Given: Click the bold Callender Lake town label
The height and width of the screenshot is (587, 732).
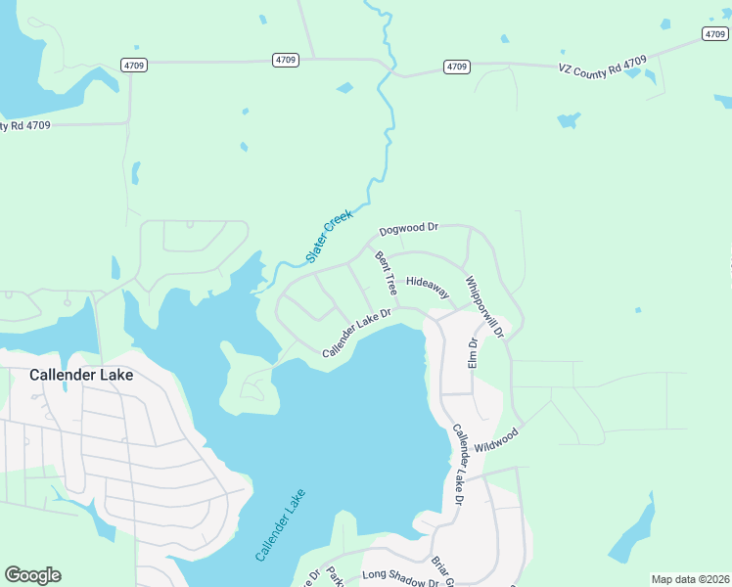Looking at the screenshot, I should pos(81,374).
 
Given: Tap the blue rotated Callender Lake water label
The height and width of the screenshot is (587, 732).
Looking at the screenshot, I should pos(281,524).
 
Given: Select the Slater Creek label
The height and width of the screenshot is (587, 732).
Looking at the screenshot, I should pos(329,237).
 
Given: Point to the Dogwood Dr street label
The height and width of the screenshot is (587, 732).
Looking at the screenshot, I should pos(409,228).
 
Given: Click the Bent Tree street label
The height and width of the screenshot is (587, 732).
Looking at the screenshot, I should pos(386,274).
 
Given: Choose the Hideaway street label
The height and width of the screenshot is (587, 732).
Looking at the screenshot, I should pos(428,286).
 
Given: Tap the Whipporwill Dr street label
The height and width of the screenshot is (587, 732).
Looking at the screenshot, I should pos(483,306).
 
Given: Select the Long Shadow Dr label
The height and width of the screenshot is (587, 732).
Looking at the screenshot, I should pos(400,579).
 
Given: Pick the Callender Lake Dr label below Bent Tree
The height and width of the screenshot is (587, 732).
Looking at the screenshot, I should pos(357,333).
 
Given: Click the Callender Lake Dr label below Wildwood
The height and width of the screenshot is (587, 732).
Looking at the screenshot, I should pos(456,465).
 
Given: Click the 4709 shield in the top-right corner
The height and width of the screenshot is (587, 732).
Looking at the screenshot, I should pos(714,33).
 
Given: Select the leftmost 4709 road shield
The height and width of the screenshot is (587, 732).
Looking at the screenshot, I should pos(134,65).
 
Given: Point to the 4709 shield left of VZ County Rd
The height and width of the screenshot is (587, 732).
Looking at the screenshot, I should pos(456,67).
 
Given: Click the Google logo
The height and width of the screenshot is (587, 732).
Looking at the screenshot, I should pos(32,575).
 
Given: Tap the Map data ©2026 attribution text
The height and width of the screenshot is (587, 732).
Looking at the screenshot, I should pos(690,579).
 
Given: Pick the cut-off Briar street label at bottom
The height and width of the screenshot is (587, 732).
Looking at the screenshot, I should pos(441,573).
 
